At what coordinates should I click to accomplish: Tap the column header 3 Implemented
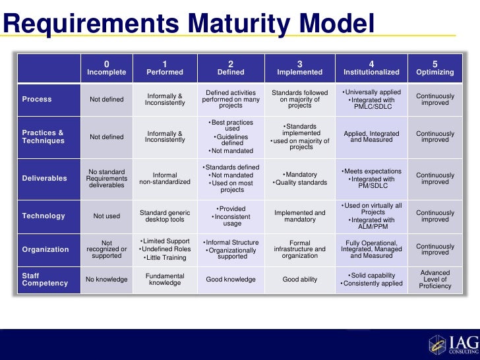point(299,68)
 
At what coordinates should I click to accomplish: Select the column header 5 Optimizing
point(435,68)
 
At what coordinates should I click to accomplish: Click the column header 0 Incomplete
point(107,68)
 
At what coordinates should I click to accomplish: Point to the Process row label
point(37,100)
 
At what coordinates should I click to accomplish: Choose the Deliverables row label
point(45,178)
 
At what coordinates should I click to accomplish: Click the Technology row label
point(44,216)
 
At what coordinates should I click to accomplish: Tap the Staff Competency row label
point(45,280)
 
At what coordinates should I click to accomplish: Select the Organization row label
point(45,249)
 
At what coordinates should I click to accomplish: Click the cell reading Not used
point(107,216)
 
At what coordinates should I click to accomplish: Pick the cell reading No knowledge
point(107,280)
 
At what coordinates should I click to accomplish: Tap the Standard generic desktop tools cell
point(165,216)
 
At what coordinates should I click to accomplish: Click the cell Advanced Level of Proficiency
point(435,280)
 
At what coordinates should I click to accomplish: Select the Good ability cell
point(299,280)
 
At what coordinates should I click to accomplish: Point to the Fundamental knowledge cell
point(165,280)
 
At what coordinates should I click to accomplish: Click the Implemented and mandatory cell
point(299,216)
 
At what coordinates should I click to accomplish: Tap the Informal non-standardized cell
point(165,178)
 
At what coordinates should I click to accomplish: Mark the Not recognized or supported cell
point(107,249)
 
